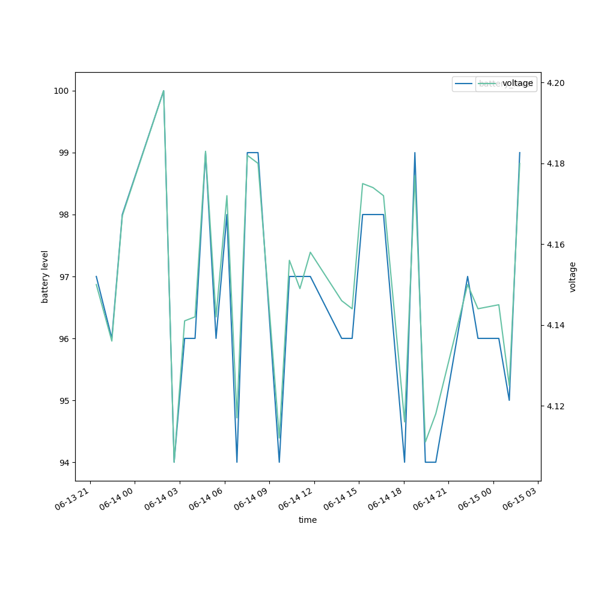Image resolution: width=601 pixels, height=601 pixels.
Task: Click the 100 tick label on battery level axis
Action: coord(61,91)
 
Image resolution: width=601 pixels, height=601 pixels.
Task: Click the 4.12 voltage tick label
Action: coord(555,406)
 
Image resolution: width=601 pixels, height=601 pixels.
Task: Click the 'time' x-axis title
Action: coord(308,520)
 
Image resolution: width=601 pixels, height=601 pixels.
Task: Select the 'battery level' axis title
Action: coord(45,276)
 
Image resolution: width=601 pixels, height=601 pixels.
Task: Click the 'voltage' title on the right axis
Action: coord(573,276)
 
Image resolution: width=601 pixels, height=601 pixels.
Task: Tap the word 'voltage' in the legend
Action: coord(517,84)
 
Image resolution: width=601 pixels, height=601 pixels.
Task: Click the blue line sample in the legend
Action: coord(464,84)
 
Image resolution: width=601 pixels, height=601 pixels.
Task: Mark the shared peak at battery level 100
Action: coord(163,91)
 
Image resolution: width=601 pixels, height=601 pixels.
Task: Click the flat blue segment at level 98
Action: coord(373,215)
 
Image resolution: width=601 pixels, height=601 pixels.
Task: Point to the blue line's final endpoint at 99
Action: coord(520,153)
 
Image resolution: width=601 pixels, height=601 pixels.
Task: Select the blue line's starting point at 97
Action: coord(96,276)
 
